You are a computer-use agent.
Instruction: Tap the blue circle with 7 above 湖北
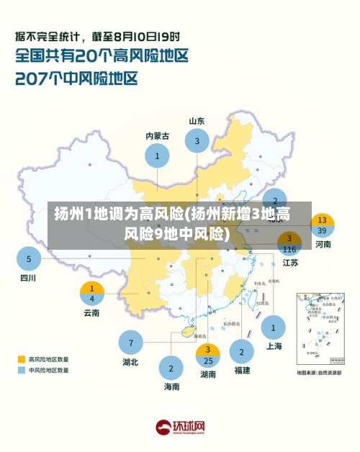[131, 342]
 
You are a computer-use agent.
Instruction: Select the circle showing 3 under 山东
[197, 141]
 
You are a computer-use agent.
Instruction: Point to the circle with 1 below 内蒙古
[157, 154]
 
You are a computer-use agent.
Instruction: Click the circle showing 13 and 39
[322, 225]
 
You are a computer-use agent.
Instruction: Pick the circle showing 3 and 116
[289, 243]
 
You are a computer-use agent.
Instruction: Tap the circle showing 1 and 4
[91, 293]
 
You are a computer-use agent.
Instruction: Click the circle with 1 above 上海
[273, 327]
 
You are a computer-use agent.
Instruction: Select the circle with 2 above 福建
[241, 352]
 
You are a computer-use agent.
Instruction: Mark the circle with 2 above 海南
[171, 368]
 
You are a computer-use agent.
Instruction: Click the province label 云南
[91, 313]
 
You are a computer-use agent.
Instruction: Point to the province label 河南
[323, 245]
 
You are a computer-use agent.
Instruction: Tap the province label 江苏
[290, 263]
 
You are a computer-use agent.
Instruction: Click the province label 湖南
[208, 374]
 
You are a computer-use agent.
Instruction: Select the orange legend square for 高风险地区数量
[22, 358]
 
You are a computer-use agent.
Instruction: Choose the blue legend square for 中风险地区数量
[22, 370]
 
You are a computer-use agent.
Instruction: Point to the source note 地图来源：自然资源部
[320, 373]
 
